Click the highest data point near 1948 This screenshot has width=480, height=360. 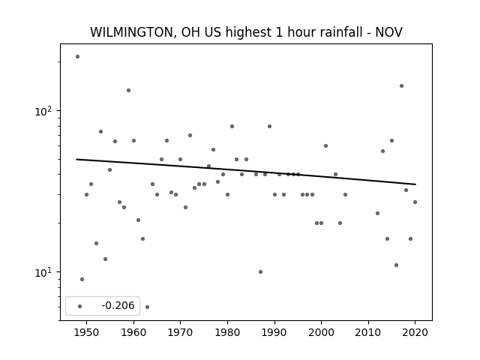click(77, 57)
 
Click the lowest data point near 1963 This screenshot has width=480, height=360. click(147, 307)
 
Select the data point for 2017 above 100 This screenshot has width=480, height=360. click(402, 86)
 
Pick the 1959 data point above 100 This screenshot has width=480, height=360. click(128, 90)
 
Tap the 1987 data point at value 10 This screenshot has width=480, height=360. click(260, 271)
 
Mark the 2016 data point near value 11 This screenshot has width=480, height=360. click(397, 265)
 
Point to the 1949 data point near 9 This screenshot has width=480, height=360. click(82, 280)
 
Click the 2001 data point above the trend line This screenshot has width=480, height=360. click(325, 146)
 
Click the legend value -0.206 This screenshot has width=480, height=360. click(118, 305)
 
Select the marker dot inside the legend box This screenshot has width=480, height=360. click(80, 307)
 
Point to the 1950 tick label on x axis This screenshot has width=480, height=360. click(87, 332)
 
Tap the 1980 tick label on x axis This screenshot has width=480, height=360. click(227, 332)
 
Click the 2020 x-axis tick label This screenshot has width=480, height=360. click(415, 332)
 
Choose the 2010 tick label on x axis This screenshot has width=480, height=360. click(368, 332)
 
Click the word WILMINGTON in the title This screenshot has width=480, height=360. click(133, 32)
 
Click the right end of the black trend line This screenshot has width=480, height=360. click(415, 184)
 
